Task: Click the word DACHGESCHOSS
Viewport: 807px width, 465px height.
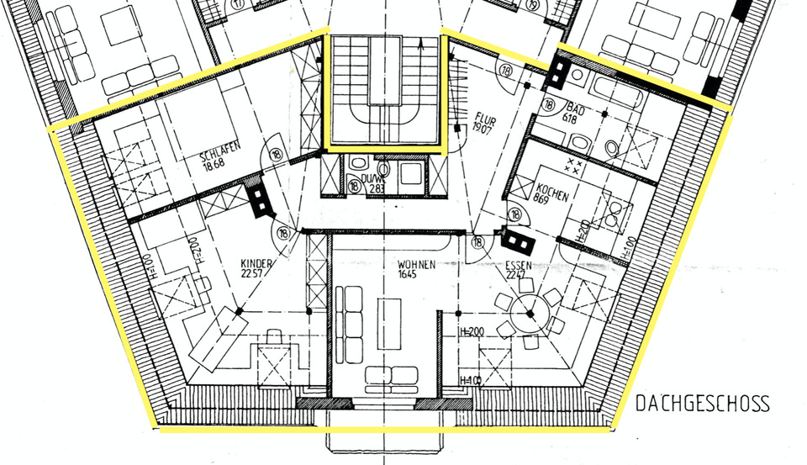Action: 702,404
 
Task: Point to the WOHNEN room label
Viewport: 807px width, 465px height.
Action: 417,266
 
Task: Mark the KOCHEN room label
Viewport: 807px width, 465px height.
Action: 551,192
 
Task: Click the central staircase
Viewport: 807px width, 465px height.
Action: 383,89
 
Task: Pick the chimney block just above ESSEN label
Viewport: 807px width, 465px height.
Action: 514,241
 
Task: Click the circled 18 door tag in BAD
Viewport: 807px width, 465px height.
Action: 549,106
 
